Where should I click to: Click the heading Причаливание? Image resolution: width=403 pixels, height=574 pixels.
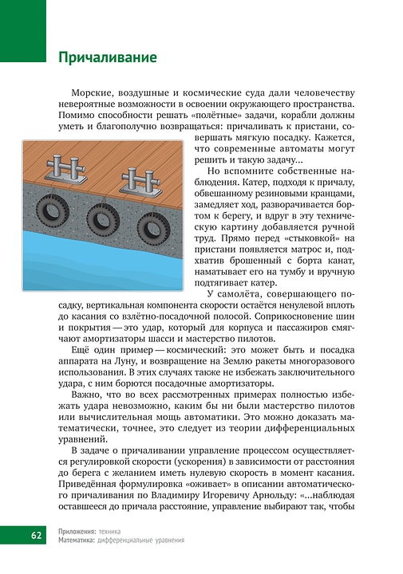click(107, 57)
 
